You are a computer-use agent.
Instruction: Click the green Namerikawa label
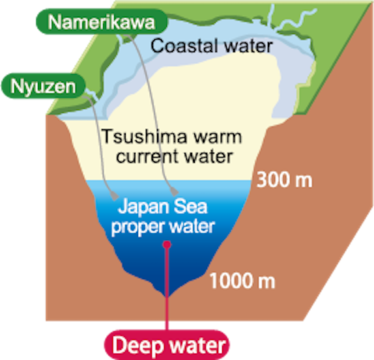[x=102, y=22]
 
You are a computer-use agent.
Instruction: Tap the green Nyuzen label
[x=43, y=86]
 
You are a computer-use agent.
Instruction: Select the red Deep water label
[x=167, y=345]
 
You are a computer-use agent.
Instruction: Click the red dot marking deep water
[x=167, y=245]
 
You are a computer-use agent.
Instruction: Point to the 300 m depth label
[x=284, y=180]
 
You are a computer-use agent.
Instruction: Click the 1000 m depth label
[x=242, y=281]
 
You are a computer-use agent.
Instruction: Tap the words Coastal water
[x=211, y=46]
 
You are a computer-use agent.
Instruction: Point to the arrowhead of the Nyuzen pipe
[x=115, y=196]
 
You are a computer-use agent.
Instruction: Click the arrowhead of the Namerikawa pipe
[x=174, y=191]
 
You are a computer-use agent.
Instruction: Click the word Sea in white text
[x=190, y=207]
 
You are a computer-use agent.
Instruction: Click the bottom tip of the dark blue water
[x=167, y=296]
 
